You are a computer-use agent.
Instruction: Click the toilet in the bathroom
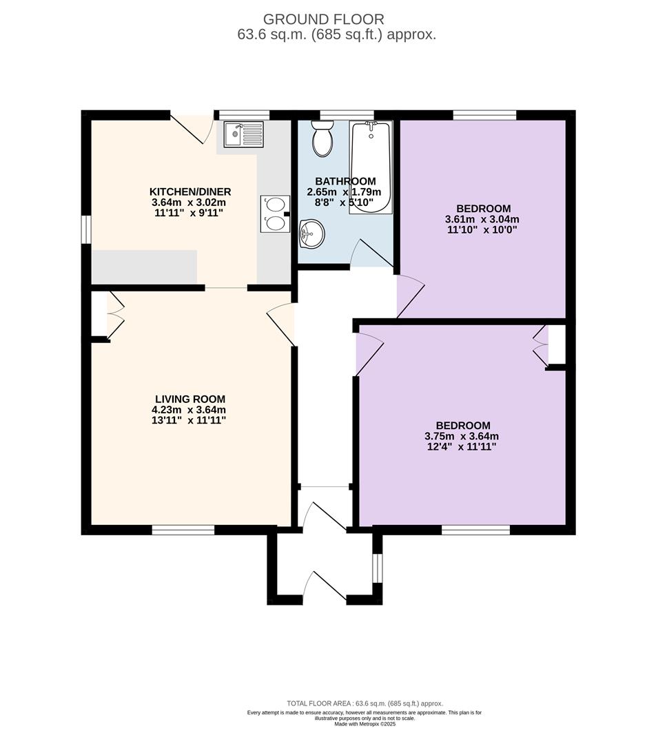click(322, 138)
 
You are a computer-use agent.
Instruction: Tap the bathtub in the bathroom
click(371, 167)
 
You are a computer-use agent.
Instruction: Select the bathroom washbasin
click(312, 234)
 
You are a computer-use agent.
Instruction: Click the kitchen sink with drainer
click(243, 135)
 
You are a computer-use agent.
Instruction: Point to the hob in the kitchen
click(275, 214)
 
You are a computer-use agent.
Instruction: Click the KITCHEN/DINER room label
click(190, 192)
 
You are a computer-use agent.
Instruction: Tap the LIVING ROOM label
click(190, 400)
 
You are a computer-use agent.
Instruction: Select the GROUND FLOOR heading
click(324, 19)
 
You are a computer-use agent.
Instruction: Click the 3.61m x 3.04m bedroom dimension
click(482, 220)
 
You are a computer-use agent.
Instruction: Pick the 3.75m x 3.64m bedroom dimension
click(462, 437)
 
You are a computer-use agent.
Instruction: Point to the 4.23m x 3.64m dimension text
click(189, 410)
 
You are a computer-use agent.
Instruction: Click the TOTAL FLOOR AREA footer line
click(365, 717)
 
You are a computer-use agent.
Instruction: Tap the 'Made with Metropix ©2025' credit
click(365, 737)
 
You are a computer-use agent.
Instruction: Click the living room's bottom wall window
click(183, 530)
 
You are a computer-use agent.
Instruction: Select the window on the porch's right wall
click(377, 568)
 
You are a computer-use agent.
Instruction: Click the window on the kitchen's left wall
click(86, 230)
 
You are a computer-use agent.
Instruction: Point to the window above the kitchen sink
click(242, 115)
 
